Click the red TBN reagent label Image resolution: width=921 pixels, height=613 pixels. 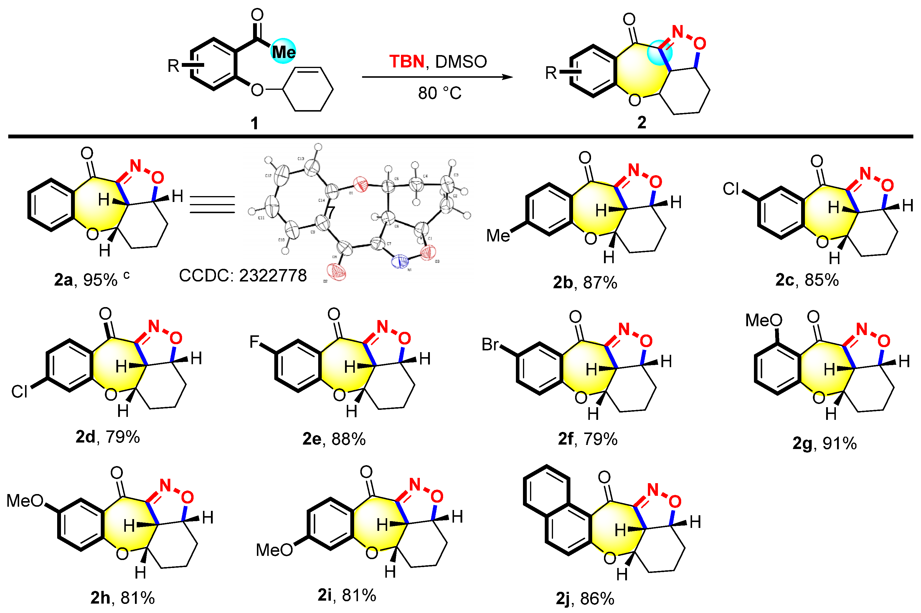(x=406, y=61)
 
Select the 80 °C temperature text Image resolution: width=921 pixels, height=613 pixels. (x=440, y=93)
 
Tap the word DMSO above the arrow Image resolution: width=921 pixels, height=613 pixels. (x=461, y=61)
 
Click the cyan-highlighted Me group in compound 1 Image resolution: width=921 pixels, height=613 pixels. (x=283, y=52)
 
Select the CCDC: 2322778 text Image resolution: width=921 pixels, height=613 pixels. (x=242, y=276)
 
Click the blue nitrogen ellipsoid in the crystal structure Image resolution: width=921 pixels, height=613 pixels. (x=400, y=261)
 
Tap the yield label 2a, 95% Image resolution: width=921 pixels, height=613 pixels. (x=86, y=280)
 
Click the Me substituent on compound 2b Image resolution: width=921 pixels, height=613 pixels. (x=498, y=236)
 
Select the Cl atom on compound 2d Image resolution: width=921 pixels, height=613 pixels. (x=19, y=391)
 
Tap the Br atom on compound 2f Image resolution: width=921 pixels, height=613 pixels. (x=490, y=344)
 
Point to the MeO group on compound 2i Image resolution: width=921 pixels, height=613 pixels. (x=274, y=550)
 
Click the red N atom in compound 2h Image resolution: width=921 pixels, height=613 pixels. (x=165, y=486)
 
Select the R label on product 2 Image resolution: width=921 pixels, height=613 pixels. (x=551, y=73)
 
